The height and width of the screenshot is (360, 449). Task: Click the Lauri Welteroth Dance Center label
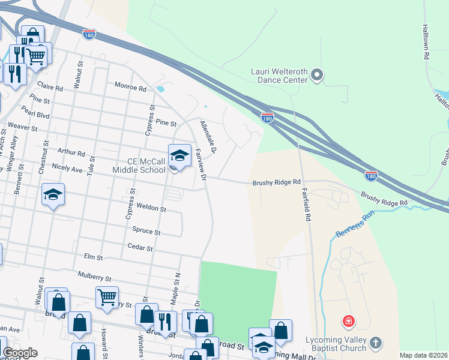pyautogui.click(x=279, y=76)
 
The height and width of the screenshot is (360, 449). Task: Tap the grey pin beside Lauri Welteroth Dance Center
pyautogui.click(x=317, y=76)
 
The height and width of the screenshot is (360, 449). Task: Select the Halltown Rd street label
pyautogui.click(x=426, y=41)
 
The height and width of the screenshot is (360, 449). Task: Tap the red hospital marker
pyautogui.click(x=348, y=322)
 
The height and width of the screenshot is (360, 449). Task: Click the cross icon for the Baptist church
pyautogui.click(x=376, y=343)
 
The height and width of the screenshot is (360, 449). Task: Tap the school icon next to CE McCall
pyautogui.click(x=179, y=155)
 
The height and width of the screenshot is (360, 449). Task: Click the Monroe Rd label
pyautogui.click(x=130, y=88)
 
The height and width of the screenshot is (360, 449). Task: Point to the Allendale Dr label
pyautogui.click(x=208, y=136)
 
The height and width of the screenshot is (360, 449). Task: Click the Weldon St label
pyautogui.click(x=151, y=208)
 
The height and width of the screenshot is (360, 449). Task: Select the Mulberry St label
pyautogui.click(x=95, y=277)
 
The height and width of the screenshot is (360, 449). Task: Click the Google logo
pyautogui.click(x=20, y=353)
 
